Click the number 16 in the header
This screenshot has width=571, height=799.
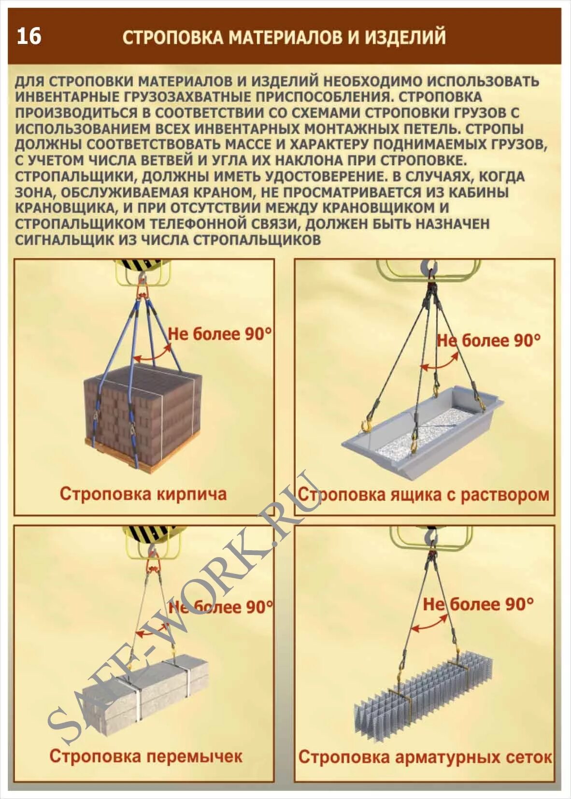click(29, 37)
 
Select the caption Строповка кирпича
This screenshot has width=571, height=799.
click(143, 494)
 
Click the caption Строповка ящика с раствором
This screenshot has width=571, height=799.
click(423, 495)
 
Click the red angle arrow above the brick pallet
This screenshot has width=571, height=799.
click(153, 356)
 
